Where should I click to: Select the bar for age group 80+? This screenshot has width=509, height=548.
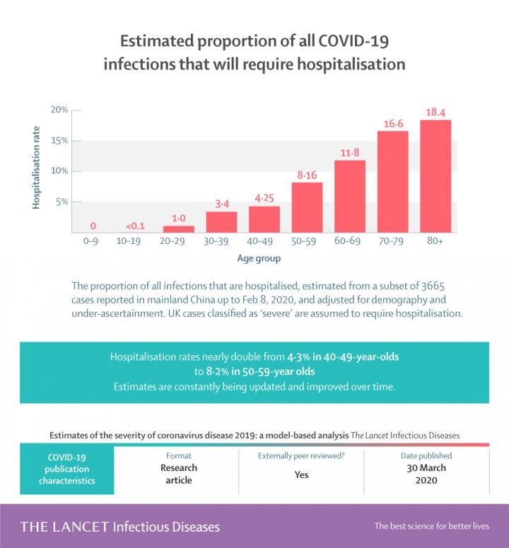point(435,176)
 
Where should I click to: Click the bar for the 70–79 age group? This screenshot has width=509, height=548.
point(392,182)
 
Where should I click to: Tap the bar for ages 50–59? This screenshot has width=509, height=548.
point(307,207)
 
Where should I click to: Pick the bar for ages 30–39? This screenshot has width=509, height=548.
point(221,221)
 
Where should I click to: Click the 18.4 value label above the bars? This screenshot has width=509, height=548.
point(435,112)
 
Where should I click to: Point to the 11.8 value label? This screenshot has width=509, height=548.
point(350,153)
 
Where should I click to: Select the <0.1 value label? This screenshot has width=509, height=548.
point(136,226)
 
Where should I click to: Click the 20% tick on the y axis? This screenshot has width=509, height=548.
point(59,110)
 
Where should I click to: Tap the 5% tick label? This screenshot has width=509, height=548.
point(62,202)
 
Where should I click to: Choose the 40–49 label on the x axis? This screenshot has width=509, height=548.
point(264,242)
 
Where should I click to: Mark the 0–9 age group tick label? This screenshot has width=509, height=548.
point(93,242)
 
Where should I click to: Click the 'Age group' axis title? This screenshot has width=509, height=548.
point(259,258)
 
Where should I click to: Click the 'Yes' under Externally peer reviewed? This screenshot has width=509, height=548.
point(301,474)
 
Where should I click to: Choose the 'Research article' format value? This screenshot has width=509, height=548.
point(179,474)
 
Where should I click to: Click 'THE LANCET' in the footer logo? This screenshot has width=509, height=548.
point(64,527)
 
